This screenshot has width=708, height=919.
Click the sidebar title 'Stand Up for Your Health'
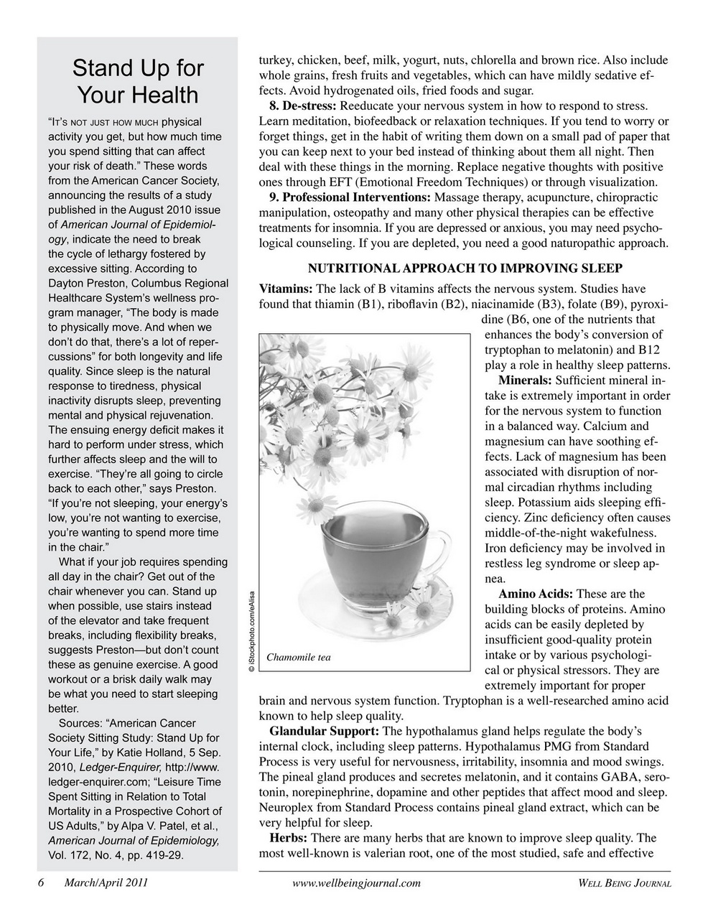click(137, 82)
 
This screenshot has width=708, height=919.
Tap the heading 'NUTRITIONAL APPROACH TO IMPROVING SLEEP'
click(465, 269)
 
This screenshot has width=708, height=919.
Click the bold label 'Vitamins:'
click(285, 289)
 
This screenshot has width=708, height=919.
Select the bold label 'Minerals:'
click(524, 381)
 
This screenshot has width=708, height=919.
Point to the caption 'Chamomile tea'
click(299, 658)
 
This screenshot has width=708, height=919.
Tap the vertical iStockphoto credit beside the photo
click(251, 630)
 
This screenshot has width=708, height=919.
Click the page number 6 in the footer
click(42, 883)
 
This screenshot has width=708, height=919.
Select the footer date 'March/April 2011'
click(106, 883)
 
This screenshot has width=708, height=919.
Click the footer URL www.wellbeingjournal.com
click(357, 883)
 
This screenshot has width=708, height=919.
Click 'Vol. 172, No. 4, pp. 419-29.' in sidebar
click(116, 855)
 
